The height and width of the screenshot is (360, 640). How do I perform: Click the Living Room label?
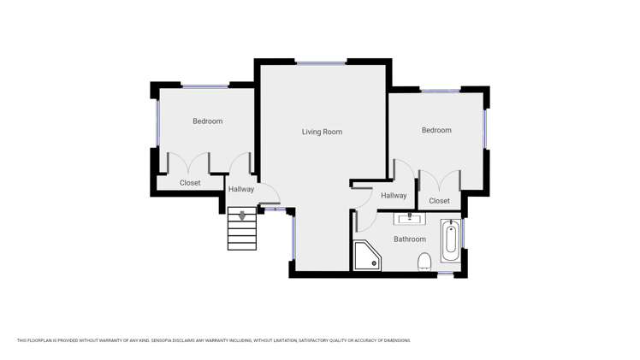click(x=322, y=132)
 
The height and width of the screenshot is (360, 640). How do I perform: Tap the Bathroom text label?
click(x=409, y=239)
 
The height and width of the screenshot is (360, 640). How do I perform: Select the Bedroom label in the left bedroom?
click(x=207, y=121)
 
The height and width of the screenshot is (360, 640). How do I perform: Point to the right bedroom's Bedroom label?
click(x=436, y=130)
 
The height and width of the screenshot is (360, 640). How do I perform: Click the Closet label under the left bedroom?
click(x=190, y=183)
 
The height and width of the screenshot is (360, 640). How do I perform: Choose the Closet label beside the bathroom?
click(x=439, y=201)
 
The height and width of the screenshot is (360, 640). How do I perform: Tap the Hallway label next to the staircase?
click(x=241, y=189)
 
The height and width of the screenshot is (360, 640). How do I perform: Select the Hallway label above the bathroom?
click(x=394, y=196)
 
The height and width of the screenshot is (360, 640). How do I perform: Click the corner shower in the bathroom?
click(x=365, y=256)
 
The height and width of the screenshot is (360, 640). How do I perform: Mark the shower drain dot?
click(x=374, y=263)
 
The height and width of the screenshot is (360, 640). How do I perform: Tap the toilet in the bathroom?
click(x=424, y=262)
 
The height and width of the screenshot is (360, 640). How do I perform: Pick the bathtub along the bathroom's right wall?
click(x=450, y=240)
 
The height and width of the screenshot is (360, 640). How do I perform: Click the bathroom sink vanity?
click(x=409, y=219)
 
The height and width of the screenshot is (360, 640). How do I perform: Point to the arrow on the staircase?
click(x=242, y=215)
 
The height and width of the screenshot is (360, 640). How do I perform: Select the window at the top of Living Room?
click(x=321, y=62)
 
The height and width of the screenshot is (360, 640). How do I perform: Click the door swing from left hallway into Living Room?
click(x=270, y=196)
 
